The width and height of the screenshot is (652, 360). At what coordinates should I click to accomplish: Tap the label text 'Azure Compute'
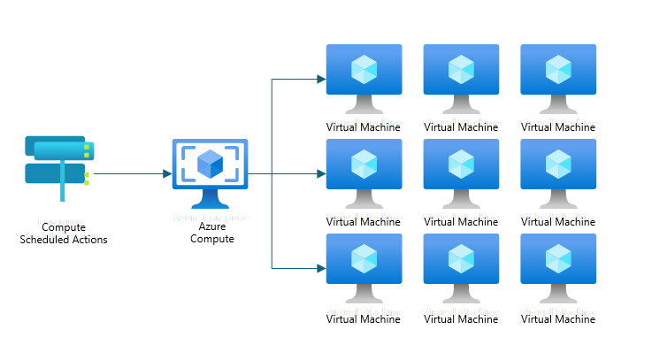pyautogui.click(x=212, y=233)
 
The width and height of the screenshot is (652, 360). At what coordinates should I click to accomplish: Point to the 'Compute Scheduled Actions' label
pyautogui.click(x=64, y=234)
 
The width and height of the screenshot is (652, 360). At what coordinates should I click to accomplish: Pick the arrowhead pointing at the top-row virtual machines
pyautogui.click(x=321, y=80)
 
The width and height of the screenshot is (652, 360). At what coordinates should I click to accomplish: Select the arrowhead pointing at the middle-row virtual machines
pyautogui.click(x=321, y=174)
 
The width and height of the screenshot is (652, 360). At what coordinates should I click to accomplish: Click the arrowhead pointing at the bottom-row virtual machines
pyautogui.click(x=321, y=268)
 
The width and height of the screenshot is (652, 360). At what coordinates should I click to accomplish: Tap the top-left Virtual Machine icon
pyautogui.click(x=364, y=74)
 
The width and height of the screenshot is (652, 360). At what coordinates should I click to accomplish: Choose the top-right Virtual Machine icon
pyautogui.click(x=557, y=74)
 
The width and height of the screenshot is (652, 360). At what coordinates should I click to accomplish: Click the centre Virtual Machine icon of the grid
pyautogui.click(x=460, y=169)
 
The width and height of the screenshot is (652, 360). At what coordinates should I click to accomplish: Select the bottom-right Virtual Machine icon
pyautogui.click(x=557, y=264)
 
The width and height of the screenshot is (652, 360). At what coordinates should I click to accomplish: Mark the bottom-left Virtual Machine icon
pyautogui.click(x=364, y=264)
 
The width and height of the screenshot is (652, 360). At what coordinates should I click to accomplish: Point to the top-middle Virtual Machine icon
pyautogui.click(x=460, y=74)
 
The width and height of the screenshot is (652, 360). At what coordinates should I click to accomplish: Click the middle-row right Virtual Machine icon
pyautogui.click(x=557, y=169)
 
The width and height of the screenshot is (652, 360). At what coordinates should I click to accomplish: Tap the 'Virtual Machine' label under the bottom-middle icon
pyautogui.click(x=461, y=319)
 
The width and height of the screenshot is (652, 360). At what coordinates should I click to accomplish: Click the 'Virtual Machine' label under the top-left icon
pyautogui.click(x=364, y=127)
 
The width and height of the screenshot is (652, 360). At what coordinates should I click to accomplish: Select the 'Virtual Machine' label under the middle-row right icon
pyautogui.click(x=558, y=222)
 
